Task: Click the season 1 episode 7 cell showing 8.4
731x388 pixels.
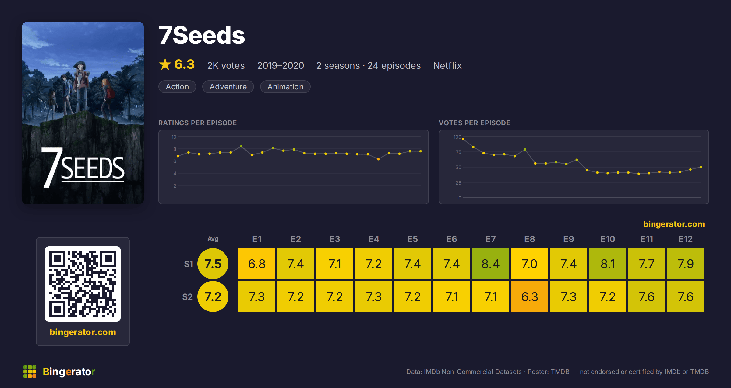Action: (x=490, y=264)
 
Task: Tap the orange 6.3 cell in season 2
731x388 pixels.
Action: (x=529, y=296)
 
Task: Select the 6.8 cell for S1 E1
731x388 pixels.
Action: (x=256, y=264)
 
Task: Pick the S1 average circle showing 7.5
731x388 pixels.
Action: (x=213, y=264)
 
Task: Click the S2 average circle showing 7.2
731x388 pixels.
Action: (x=213, y=296)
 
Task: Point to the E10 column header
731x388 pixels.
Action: (x=607, y=239)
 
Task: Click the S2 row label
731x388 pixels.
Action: (x=187, y=297)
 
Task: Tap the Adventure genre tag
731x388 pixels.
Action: (x=228, y=87)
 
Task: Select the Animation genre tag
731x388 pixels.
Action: (x=285, y=87)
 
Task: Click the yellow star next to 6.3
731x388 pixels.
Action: (x=165, y=64)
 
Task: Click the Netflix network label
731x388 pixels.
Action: (x=447, y=65)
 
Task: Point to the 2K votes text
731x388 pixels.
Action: (x=226, y=65)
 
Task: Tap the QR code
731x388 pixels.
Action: (x=83, y=284)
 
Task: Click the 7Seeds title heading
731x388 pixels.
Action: (x=202, y=35)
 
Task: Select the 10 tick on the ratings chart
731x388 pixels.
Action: (x=174, y=137)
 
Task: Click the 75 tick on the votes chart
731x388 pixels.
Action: (x=458, y=152)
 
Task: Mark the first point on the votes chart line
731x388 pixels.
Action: (x=463, y=139)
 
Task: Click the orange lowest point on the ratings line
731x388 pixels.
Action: (x=378, y=159)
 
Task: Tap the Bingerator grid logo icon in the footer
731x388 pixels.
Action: (x=30, y=372)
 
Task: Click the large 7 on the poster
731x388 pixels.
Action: (x=51, y=167)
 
